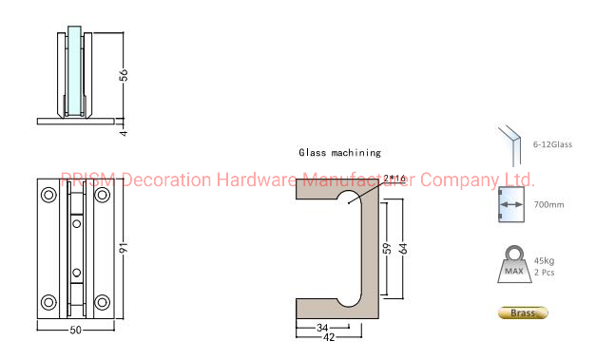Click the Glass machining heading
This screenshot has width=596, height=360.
click(339, 152)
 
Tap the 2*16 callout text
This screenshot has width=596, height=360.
click(394, 178)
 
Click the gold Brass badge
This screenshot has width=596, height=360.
click(523, 313)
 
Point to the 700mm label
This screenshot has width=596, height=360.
click(548, 205)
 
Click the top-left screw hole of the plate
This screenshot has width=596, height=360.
click(48, 194)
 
